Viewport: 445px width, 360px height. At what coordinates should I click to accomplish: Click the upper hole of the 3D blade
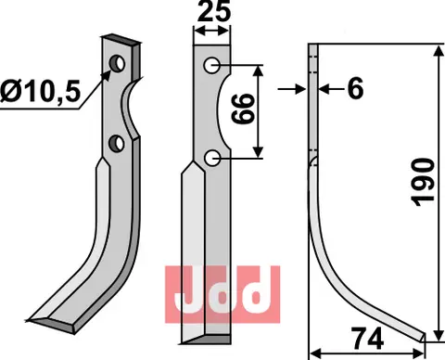tap(119, 63)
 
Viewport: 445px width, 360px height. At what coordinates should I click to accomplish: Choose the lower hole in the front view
tap(213, 158)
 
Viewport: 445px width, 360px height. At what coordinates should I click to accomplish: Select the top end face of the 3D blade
tap(120, 40)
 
